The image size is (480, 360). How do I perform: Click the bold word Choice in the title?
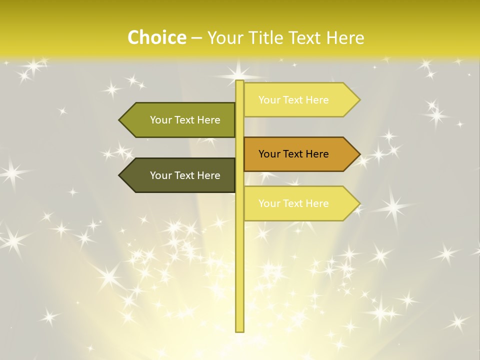(156, 37)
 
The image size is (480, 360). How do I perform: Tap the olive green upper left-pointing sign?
(180, 120)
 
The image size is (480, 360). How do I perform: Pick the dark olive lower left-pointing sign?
(180, 175)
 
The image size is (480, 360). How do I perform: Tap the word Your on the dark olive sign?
(161, 175)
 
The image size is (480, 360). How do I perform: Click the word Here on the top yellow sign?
(317, 100)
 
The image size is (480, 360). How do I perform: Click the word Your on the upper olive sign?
(161, 120)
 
